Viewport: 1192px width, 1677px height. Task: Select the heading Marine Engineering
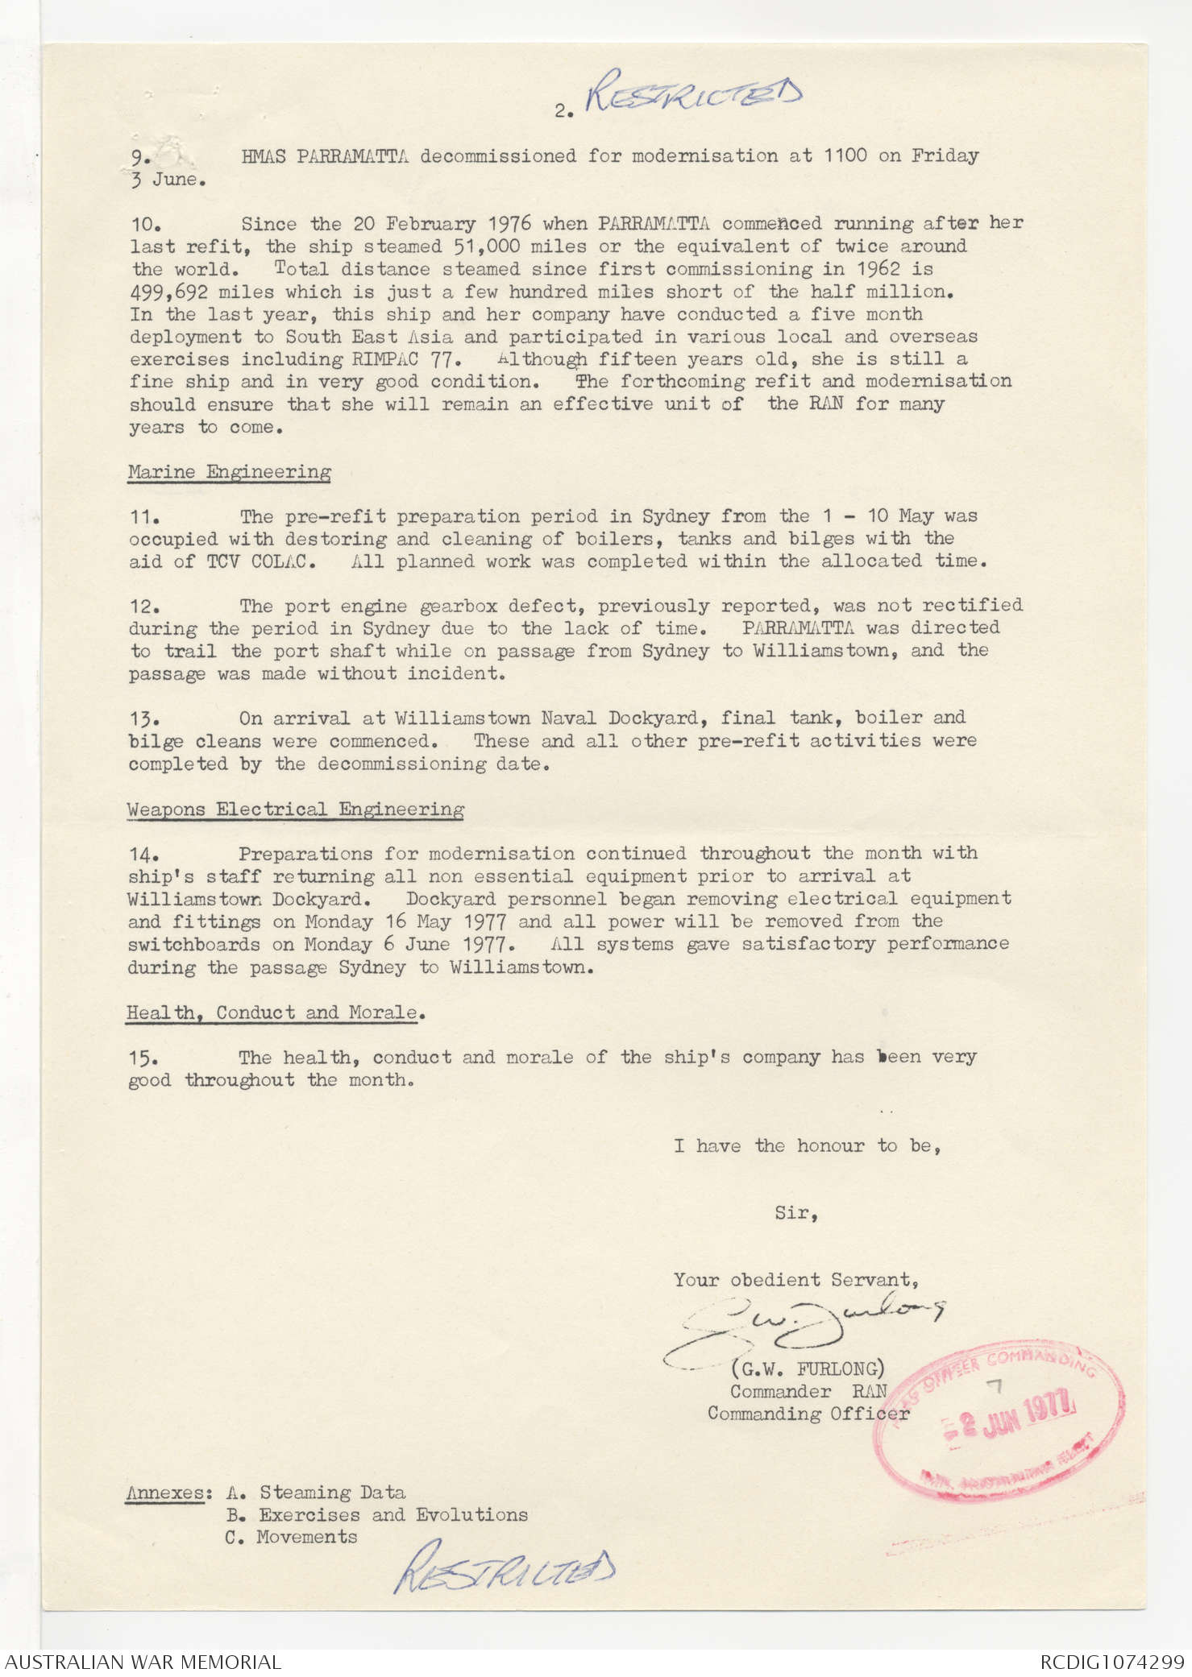coord(229,472)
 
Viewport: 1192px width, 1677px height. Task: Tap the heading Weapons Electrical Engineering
coord(295,810)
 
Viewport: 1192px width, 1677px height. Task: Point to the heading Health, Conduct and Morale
coord(272,1012)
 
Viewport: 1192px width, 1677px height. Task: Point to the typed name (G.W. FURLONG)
coord(808,1368)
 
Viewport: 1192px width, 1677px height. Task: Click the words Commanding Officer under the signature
coord(808,1413)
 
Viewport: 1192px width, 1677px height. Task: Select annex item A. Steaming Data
coord(316,1493)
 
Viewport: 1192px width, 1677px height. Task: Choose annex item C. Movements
coord(291,1537)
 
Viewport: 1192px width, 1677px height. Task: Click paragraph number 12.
coord(143,607)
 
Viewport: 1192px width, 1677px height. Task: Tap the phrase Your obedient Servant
coord(795,1279)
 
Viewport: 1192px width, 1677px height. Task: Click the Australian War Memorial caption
coord(143,1662)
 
